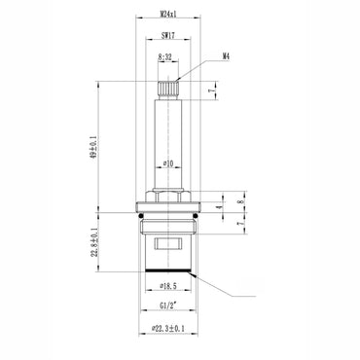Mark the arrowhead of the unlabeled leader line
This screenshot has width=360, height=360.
[x=198, y=275]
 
